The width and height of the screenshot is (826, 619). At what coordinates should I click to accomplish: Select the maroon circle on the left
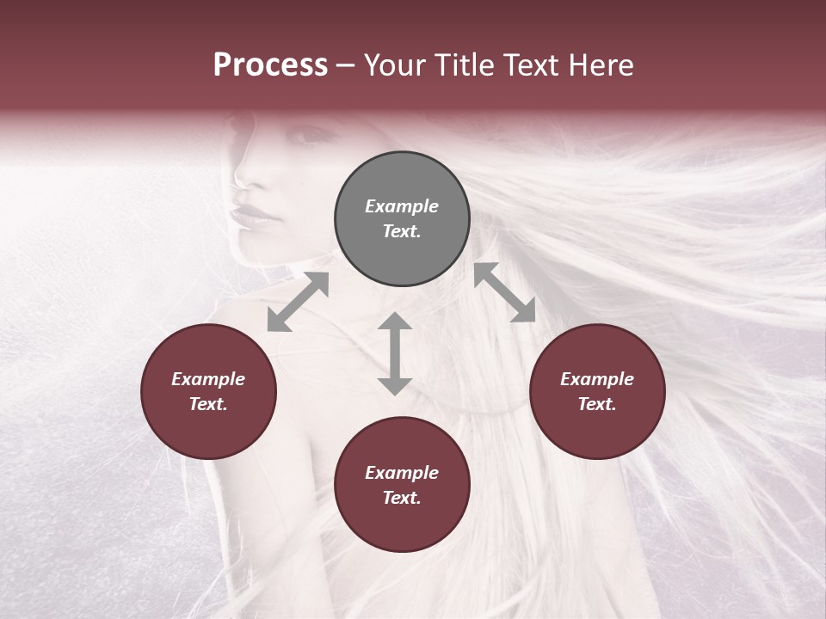pos(208,391)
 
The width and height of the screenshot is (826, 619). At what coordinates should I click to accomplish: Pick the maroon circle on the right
pos(597,391)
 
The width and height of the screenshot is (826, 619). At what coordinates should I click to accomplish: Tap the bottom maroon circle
pos(402,485)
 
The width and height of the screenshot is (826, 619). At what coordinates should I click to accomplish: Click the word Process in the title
pos(270,64)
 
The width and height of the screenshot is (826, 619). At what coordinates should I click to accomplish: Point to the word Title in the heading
pos(465,64)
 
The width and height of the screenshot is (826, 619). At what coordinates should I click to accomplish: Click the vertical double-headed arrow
pos(395,353)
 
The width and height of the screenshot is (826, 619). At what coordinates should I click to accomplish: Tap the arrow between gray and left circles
pos(298,302)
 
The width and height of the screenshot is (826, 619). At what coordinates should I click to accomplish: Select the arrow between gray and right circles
pos(505,293)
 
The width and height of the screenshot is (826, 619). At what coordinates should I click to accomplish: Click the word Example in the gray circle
pos(402,206)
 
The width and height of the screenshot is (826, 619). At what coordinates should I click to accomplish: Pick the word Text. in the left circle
pos(208,404)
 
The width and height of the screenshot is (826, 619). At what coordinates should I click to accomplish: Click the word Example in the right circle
pos(597,379)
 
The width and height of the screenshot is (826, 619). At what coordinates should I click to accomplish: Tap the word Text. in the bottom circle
pos(402,498)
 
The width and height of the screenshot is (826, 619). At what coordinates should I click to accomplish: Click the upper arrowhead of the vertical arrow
pos(395,322)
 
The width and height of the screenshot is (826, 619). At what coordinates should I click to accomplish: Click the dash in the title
pos(346,65)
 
